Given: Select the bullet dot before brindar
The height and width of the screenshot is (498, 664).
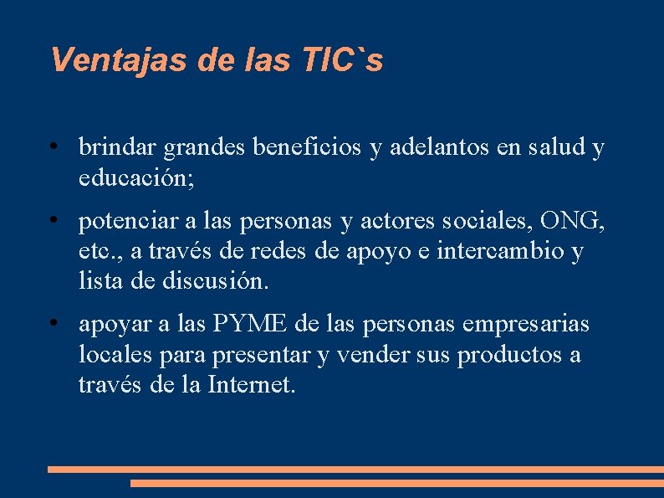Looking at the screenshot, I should click(53, 147).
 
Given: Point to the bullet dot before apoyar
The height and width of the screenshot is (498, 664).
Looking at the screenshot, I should click(53, 323).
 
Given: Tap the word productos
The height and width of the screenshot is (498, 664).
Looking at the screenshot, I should click(509, 355).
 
